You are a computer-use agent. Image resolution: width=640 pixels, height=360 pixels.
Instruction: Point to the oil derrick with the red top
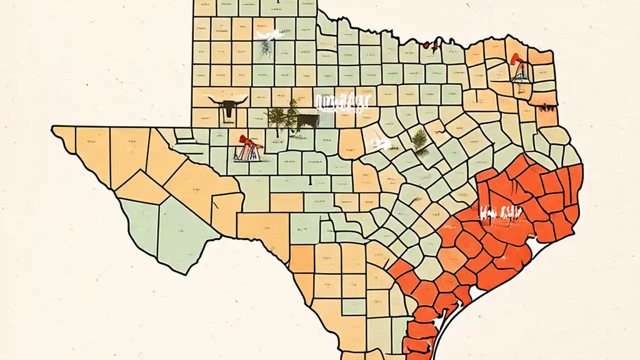520,70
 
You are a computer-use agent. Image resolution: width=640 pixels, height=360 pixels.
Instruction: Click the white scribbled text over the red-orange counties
500,213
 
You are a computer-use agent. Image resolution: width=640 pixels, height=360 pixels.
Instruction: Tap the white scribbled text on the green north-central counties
342,102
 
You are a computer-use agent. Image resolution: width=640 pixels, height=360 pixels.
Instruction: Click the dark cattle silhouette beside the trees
307,120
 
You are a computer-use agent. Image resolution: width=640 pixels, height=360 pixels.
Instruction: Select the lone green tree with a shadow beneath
419,139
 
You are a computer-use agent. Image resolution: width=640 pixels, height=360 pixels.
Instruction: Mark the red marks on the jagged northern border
430,45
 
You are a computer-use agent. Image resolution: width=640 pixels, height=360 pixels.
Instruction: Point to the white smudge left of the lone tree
381,145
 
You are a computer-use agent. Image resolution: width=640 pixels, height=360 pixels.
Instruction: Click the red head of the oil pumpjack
243,138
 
